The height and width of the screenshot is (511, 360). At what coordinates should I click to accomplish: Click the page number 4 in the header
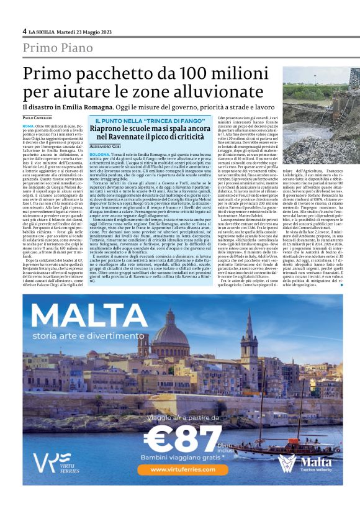pos(24,30)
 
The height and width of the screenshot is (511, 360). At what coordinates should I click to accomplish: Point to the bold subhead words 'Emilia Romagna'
pos(83,109)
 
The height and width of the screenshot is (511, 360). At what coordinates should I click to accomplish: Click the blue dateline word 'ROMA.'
pos(29,125)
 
